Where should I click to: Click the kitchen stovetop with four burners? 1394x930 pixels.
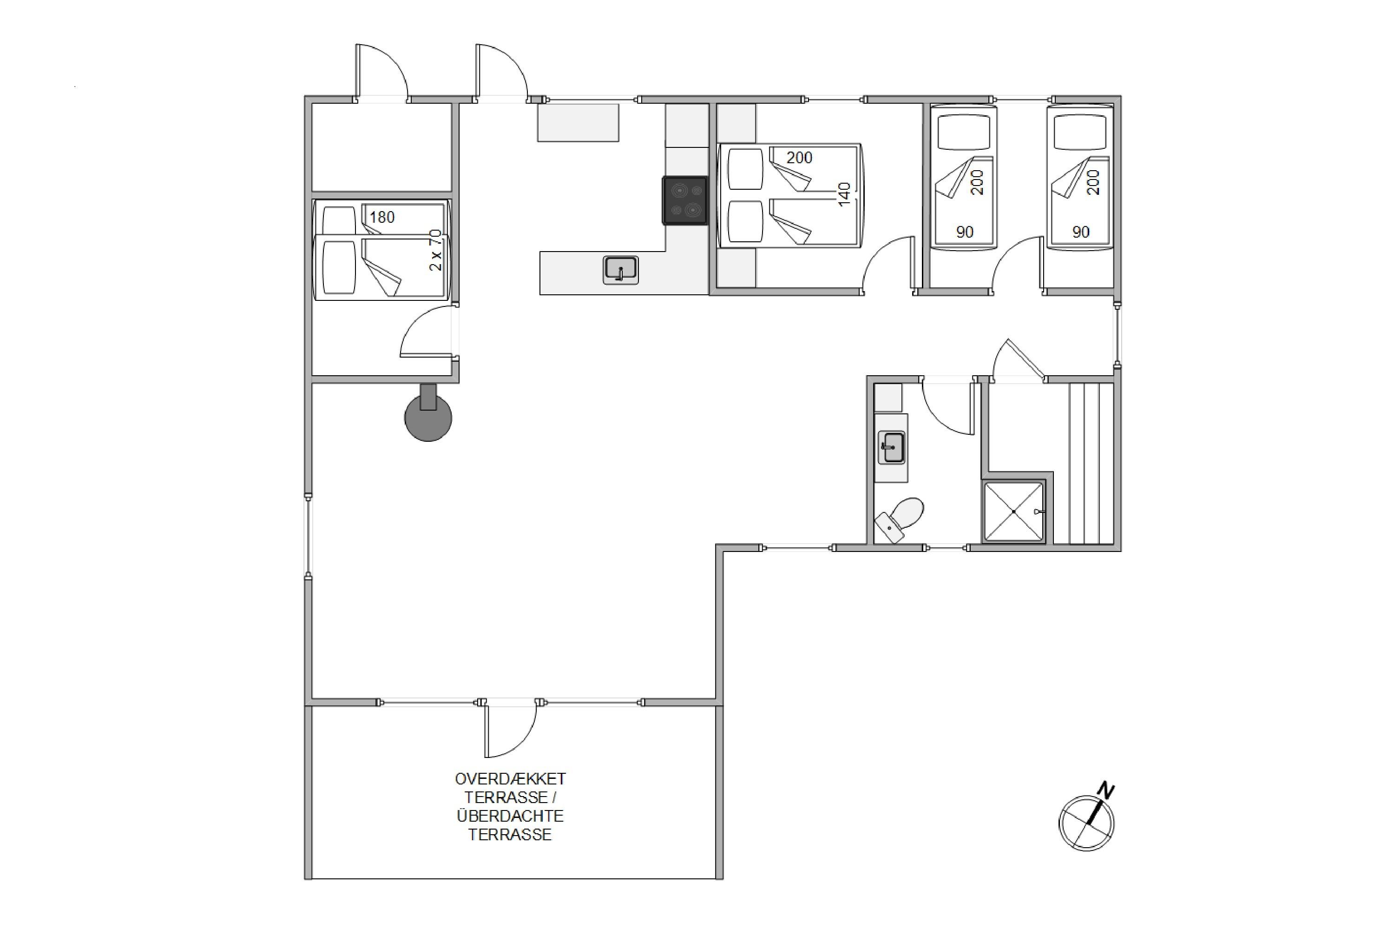(684, 200)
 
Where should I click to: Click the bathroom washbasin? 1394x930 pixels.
(891, 448)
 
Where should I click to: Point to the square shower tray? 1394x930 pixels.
(1013, 511)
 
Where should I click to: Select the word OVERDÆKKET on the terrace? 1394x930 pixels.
(510, 779)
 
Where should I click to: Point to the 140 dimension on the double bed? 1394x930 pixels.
(845, 194)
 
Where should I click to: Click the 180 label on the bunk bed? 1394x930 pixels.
(382, 217)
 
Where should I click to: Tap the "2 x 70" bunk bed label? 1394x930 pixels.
(436, 250)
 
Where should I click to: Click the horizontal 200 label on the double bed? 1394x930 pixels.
(800, 158)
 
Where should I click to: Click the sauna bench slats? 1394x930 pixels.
(1091, 463)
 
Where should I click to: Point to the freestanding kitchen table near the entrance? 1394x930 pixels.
(578, 123)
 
